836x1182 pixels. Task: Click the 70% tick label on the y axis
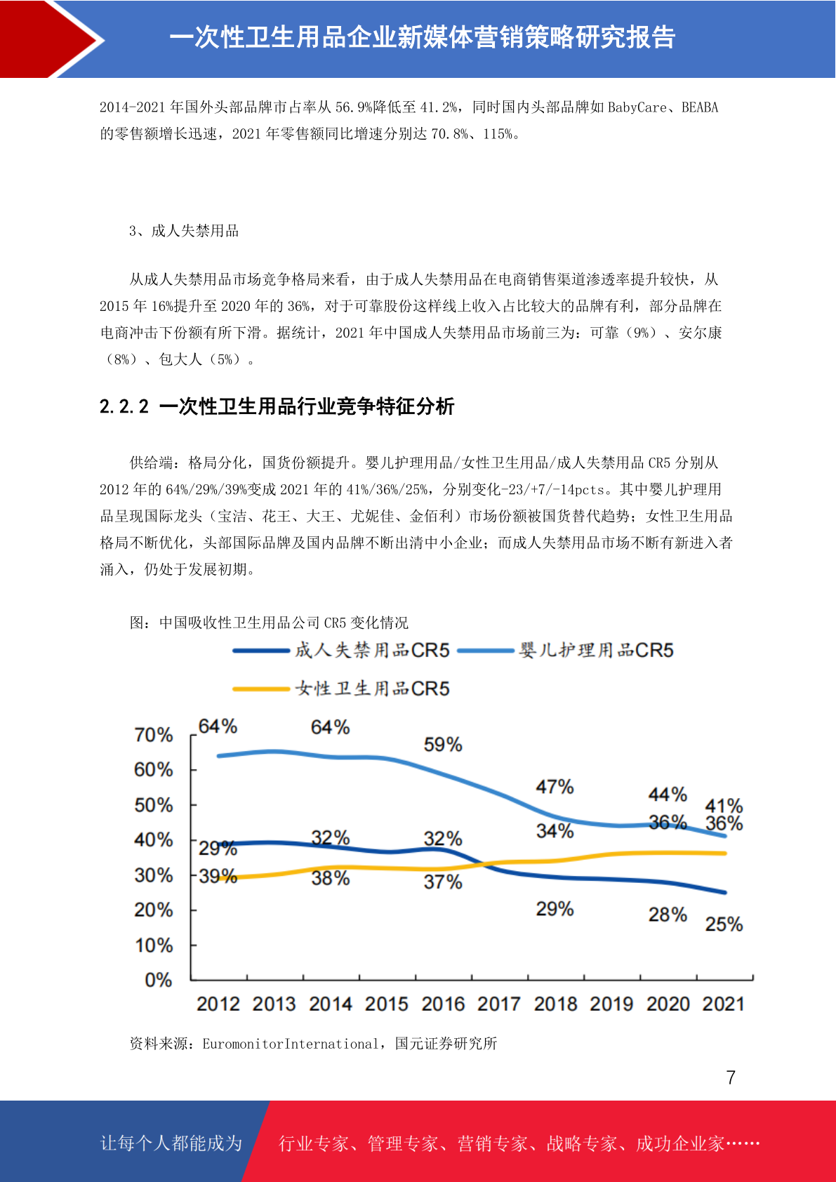(x=154, y=734)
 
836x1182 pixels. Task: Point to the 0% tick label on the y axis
(x=159, y=980)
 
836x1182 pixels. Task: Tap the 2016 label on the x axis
(x=443, y=1004)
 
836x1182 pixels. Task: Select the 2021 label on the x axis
(x=723, y=1004)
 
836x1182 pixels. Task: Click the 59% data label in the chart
(x=443, y=745)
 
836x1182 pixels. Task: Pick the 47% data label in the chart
(x=555, y=787)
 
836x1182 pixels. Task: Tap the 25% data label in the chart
(x=724, y=924)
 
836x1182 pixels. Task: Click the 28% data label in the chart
(x=668, y=915)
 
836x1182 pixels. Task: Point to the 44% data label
(x=668, y=794)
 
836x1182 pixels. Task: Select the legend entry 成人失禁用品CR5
(x=341, y=650)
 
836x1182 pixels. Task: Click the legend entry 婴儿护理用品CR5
(x=565, y=650)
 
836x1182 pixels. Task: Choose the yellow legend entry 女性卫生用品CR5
(x=341, y=689)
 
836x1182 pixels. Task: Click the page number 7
(x=731, y=1077)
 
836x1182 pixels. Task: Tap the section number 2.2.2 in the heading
(x=124, y=406)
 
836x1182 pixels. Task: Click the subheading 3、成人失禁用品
(x=184, y=231)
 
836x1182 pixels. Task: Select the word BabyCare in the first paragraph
(x=637, y=107)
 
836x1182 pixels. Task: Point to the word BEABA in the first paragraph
(x=700, y=107)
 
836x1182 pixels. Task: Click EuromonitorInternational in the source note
(x=291, y=1043)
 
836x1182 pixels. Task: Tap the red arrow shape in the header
(x=50, y=39)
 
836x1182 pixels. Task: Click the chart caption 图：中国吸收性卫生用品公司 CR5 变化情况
(x=269, y=623)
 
